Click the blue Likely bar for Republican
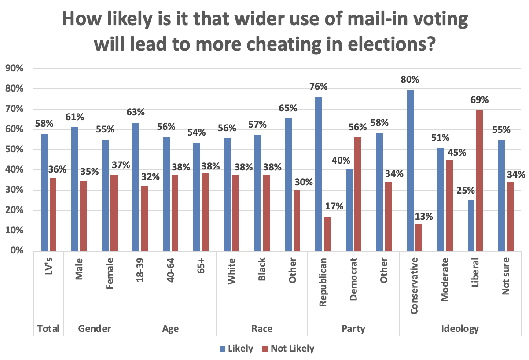[319, 174]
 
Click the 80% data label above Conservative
[410, 80]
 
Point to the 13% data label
[422, 216]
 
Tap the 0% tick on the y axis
[16, 251]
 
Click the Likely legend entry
[236, 349]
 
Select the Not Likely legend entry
[288, 349]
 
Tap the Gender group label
[94, 329]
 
